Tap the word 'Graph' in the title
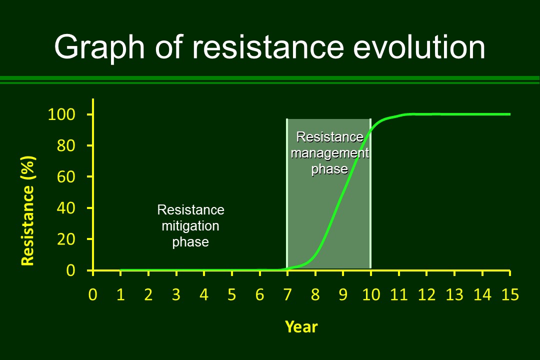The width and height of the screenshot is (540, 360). (x=99, y=48)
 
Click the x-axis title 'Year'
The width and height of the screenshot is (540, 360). (x=301, y=326)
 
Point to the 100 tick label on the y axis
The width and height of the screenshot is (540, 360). (x=61, y=114)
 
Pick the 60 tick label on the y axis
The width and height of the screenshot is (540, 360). (x=66, y=176)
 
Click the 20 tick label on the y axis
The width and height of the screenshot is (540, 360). (x=66, y=239)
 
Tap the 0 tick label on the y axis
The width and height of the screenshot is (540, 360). (x=70, y=270)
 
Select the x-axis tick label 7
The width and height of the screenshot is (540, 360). (x=287, y=294)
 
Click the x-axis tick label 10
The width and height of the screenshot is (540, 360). (x=371, y=294)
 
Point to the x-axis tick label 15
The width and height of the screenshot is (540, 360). (x=510, y=294)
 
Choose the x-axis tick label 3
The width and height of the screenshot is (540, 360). (x=176, y=294)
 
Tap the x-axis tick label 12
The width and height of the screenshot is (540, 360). (x=426, y=294)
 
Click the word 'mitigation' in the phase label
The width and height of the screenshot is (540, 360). (x=190, y=226)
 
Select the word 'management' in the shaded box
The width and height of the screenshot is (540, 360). (x=330, y=153)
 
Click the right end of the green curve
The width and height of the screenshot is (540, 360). (x=510, y=114)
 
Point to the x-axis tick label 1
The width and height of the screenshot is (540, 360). (x=120, y=294)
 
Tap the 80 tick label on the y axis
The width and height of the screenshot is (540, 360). (x=66, y=145)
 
